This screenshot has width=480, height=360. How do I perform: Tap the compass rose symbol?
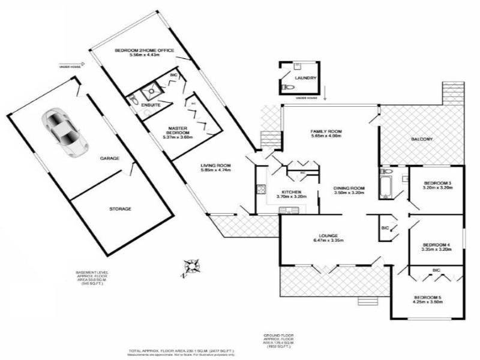pos(191,266)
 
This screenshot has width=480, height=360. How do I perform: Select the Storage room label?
pos(120,209)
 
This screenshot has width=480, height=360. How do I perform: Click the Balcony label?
pos(422,140)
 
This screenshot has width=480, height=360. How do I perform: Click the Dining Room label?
pos(349,188)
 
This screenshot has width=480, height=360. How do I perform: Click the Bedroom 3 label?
pos(437,183)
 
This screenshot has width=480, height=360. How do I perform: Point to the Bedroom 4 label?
pos(436,245)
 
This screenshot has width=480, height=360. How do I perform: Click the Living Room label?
pos(216,166)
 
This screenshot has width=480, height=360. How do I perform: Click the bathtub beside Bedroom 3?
pos(386,185)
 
